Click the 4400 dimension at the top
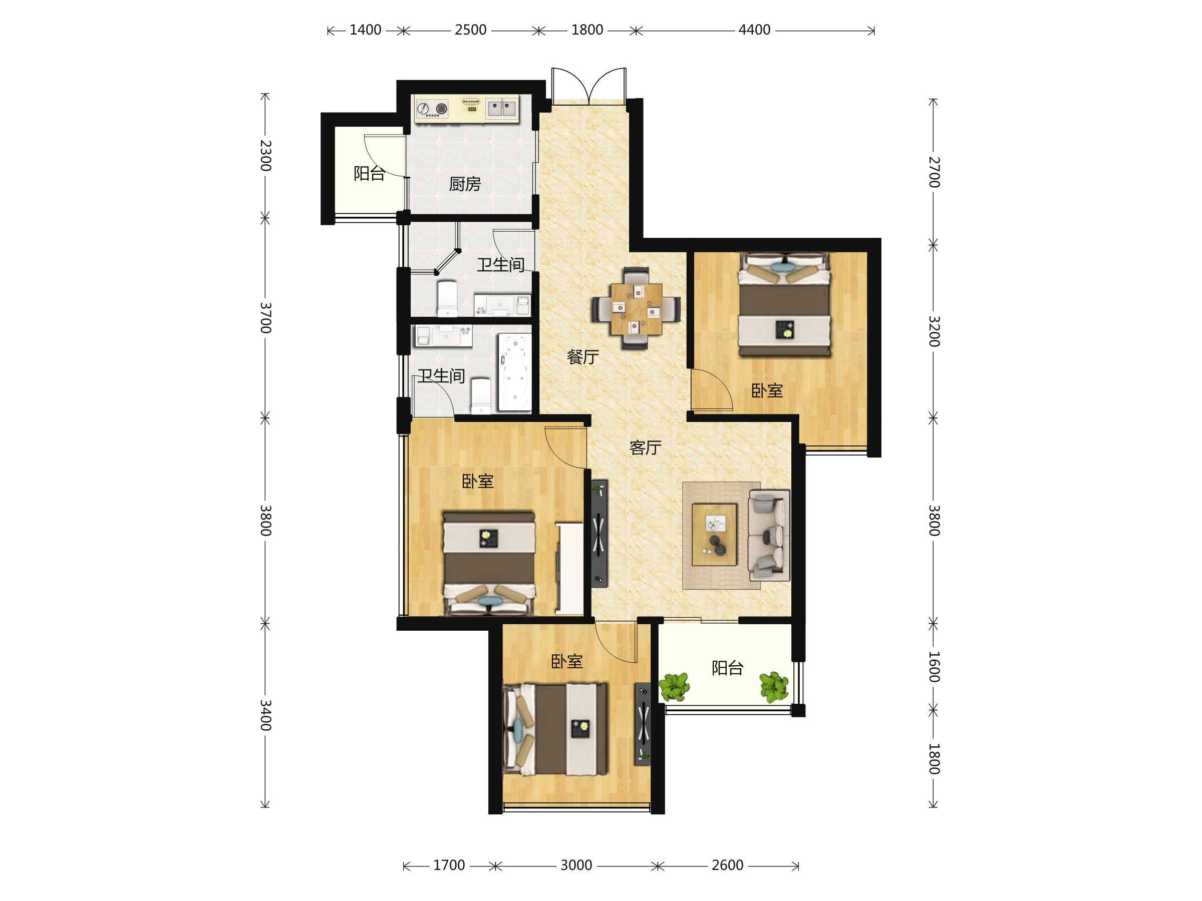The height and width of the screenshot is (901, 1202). (754, 30)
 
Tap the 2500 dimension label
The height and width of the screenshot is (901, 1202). (471, 30)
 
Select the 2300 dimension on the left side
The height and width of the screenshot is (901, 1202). (265, 155)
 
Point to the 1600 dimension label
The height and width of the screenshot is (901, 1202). (934, 666)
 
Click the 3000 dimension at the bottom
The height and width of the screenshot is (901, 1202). (576, 865)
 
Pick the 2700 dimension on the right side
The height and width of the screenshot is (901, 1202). (934, 172)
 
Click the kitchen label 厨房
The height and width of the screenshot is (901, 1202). (465, 184)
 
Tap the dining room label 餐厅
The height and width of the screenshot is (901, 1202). (582, 357)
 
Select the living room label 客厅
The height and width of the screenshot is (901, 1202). (646, 447)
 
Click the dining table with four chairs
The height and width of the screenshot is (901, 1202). (637, 308)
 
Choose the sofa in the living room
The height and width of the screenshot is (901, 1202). (769, 536)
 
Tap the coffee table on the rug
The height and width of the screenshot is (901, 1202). (715, 535)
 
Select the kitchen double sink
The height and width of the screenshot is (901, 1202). (501, 108)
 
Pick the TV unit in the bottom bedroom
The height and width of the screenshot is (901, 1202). (643, 723)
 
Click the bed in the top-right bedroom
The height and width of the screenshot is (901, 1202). (784, 304)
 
